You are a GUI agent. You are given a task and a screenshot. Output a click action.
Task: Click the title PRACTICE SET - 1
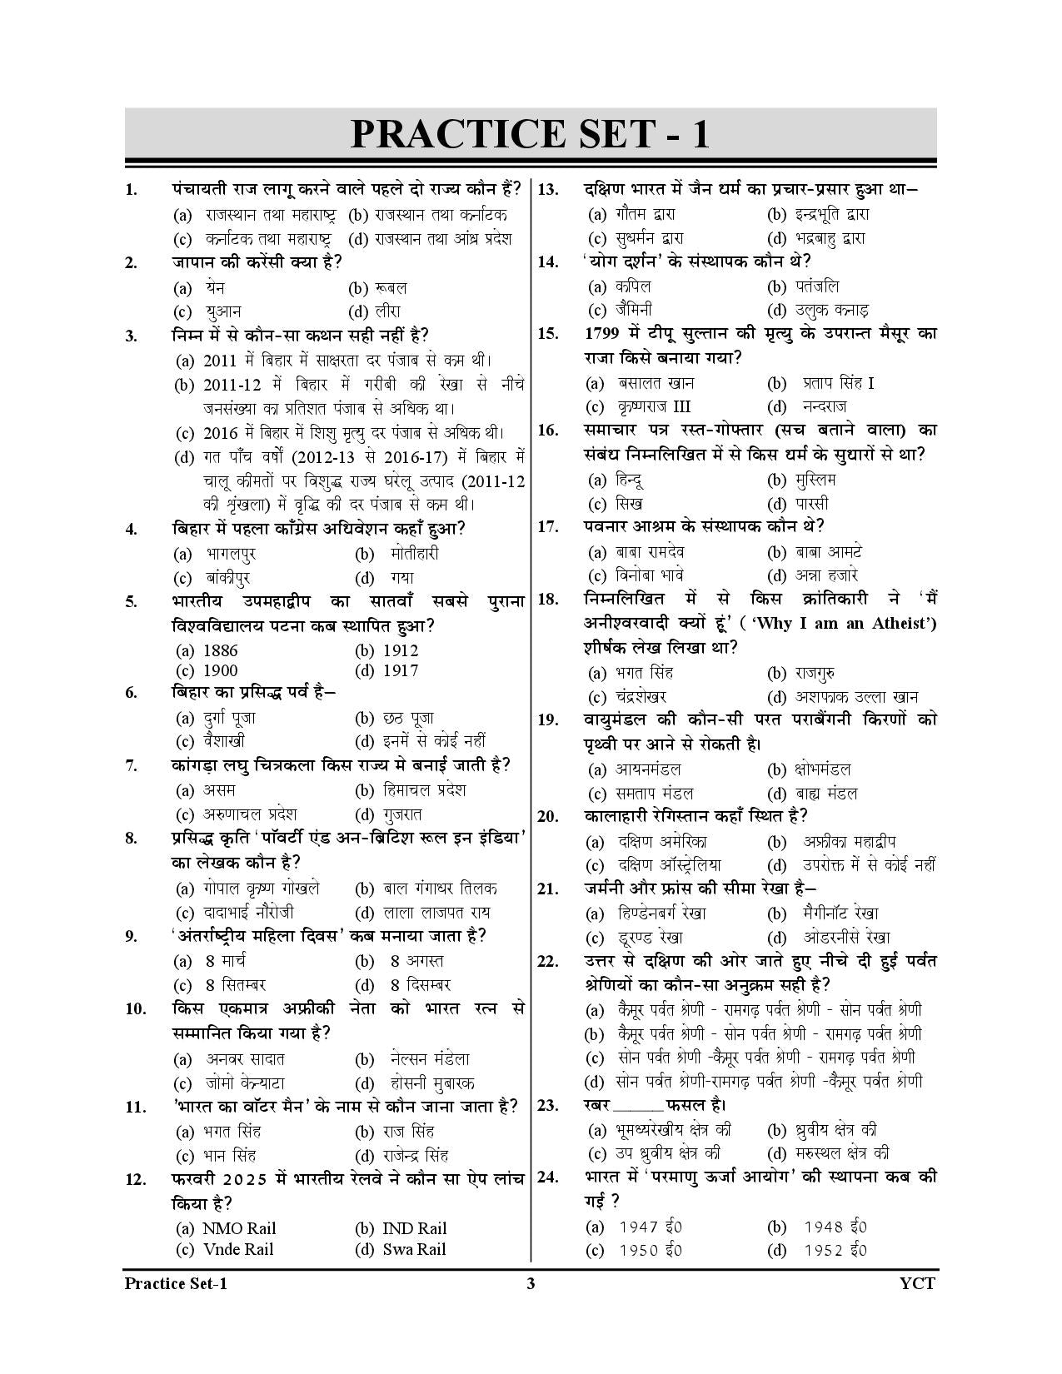point(530,134)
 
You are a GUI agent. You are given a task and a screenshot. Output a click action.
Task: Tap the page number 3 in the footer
point(531,1283)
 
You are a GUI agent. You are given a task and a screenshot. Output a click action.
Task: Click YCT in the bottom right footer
point(918,1283)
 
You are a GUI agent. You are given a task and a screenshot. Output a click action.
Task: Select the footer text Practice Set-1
point(175,1283)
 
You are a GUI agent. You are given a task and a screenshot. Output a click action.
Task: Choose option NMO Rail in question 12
point(238,1228)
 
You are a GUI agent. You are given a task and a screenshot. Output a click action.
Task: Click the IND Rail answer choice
point(414,1228)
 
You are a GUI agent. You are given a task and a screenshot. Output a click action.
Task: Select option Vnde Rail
point(237,1249)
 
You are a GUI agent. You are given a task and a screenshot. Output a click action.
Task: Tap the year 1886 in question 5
point(220,650)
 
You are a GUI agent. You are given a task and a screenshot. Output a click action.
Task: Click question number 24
point(547,1177)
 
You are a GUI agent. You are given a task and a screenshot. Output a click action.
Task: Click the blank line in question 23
point(638,1106)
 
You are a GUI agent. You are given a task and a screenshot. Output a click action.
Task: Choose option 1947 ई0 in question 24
point(651,1227)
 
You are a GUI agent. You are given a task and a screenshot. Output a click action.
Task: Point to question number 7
point(131,766)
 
